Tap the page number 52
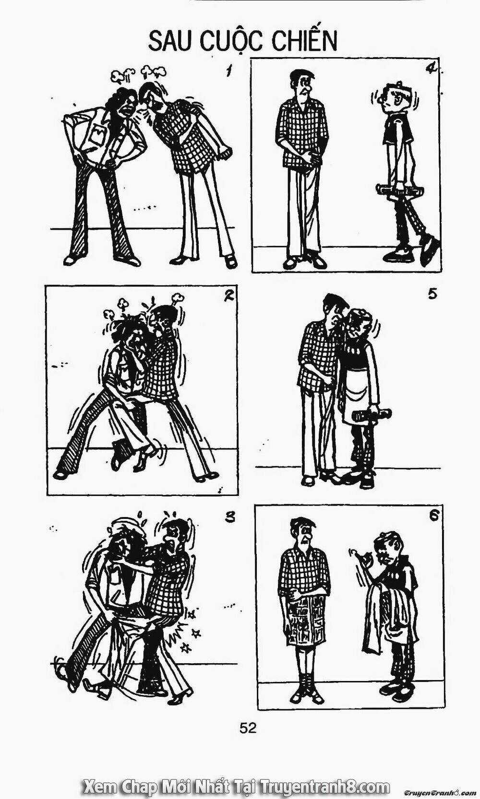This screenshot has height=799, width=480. [x=248, y=728]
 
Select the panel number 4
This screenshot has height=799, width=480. [x=432, y=69]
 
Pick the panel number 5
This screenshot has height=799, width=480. [x=432, y=295]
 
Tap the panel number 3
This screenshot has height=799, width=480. [x=231, y=517]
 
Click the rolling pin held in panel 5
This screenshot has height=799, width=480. [x=372, y=415]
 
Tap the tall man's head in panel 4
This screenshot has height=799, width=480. [x=302, y=84]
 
